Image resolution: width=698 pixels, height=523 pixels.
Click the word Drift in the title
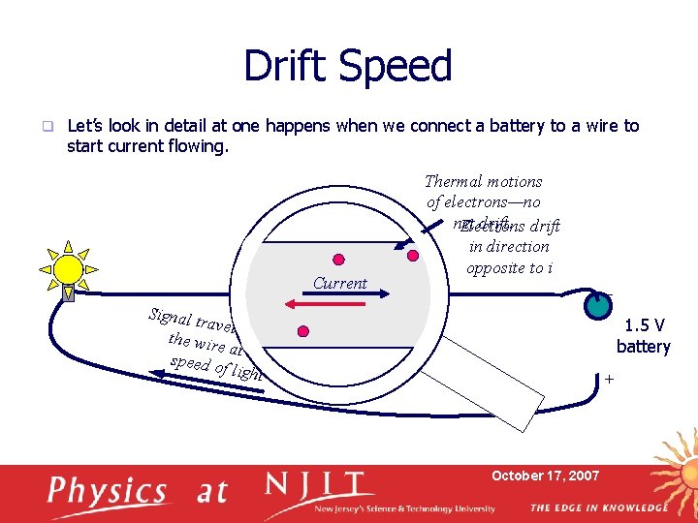(290, 66)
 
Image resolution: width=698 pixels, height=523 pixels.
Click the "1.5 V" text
(645, 326)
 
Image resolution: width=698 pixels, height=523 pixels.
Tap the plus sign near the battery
(609, 380)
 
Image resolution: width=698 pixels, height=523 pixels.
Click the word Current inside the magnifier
(339, 284)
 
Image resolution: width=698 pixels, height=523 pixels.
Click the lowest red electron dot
(303, 332)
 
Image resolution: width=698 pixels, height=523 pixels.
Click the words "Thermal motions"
(484, 181)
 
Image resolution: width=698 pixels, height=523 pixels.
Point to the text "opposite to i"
(509, 267)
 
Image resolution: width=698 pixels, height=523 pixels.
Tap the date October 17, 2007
(545, 476)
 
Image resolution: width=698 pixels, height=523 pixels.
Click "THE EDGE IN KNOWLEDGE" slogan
(598, 508)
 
